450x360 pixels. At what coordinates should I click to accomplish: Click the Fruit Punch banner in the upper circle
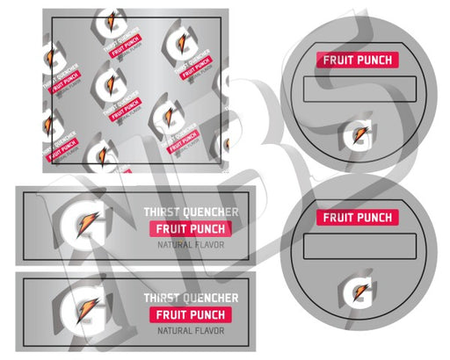359,61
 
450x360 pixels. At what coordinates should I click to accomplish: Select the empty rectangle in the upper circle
359,89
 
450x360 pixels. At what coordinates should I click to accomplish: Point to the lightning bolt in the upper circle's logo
359,136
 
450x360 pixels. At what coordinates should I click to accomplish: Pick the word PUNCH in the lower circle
374,217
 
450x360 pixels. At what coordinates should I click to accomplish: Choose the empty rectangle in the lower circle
359,245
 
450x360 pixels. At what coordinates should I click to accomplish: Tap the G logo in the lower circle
359,291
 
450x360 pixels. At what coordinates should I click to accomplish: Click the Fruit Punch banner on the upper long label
190,229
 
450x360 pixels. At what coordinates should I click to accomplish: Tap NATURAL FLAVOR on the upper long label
191,245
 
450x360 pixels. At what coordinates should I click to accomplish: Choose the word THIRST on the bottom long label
164,299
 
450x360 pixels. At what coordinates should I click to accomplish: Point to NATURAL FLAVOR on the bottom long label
191,331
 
